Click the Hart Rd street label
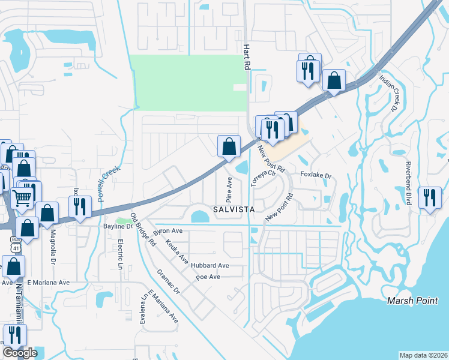[246, 57]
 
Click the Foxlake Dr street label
[316, 175]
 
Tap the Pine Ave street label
[229, 188]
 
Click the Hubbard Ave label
[210, 265]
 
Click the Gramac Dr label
[169, 280]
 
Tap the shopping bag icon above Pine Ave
[229, 146]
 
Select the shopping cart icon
[22, 196]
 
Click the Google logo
[20, 353]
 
